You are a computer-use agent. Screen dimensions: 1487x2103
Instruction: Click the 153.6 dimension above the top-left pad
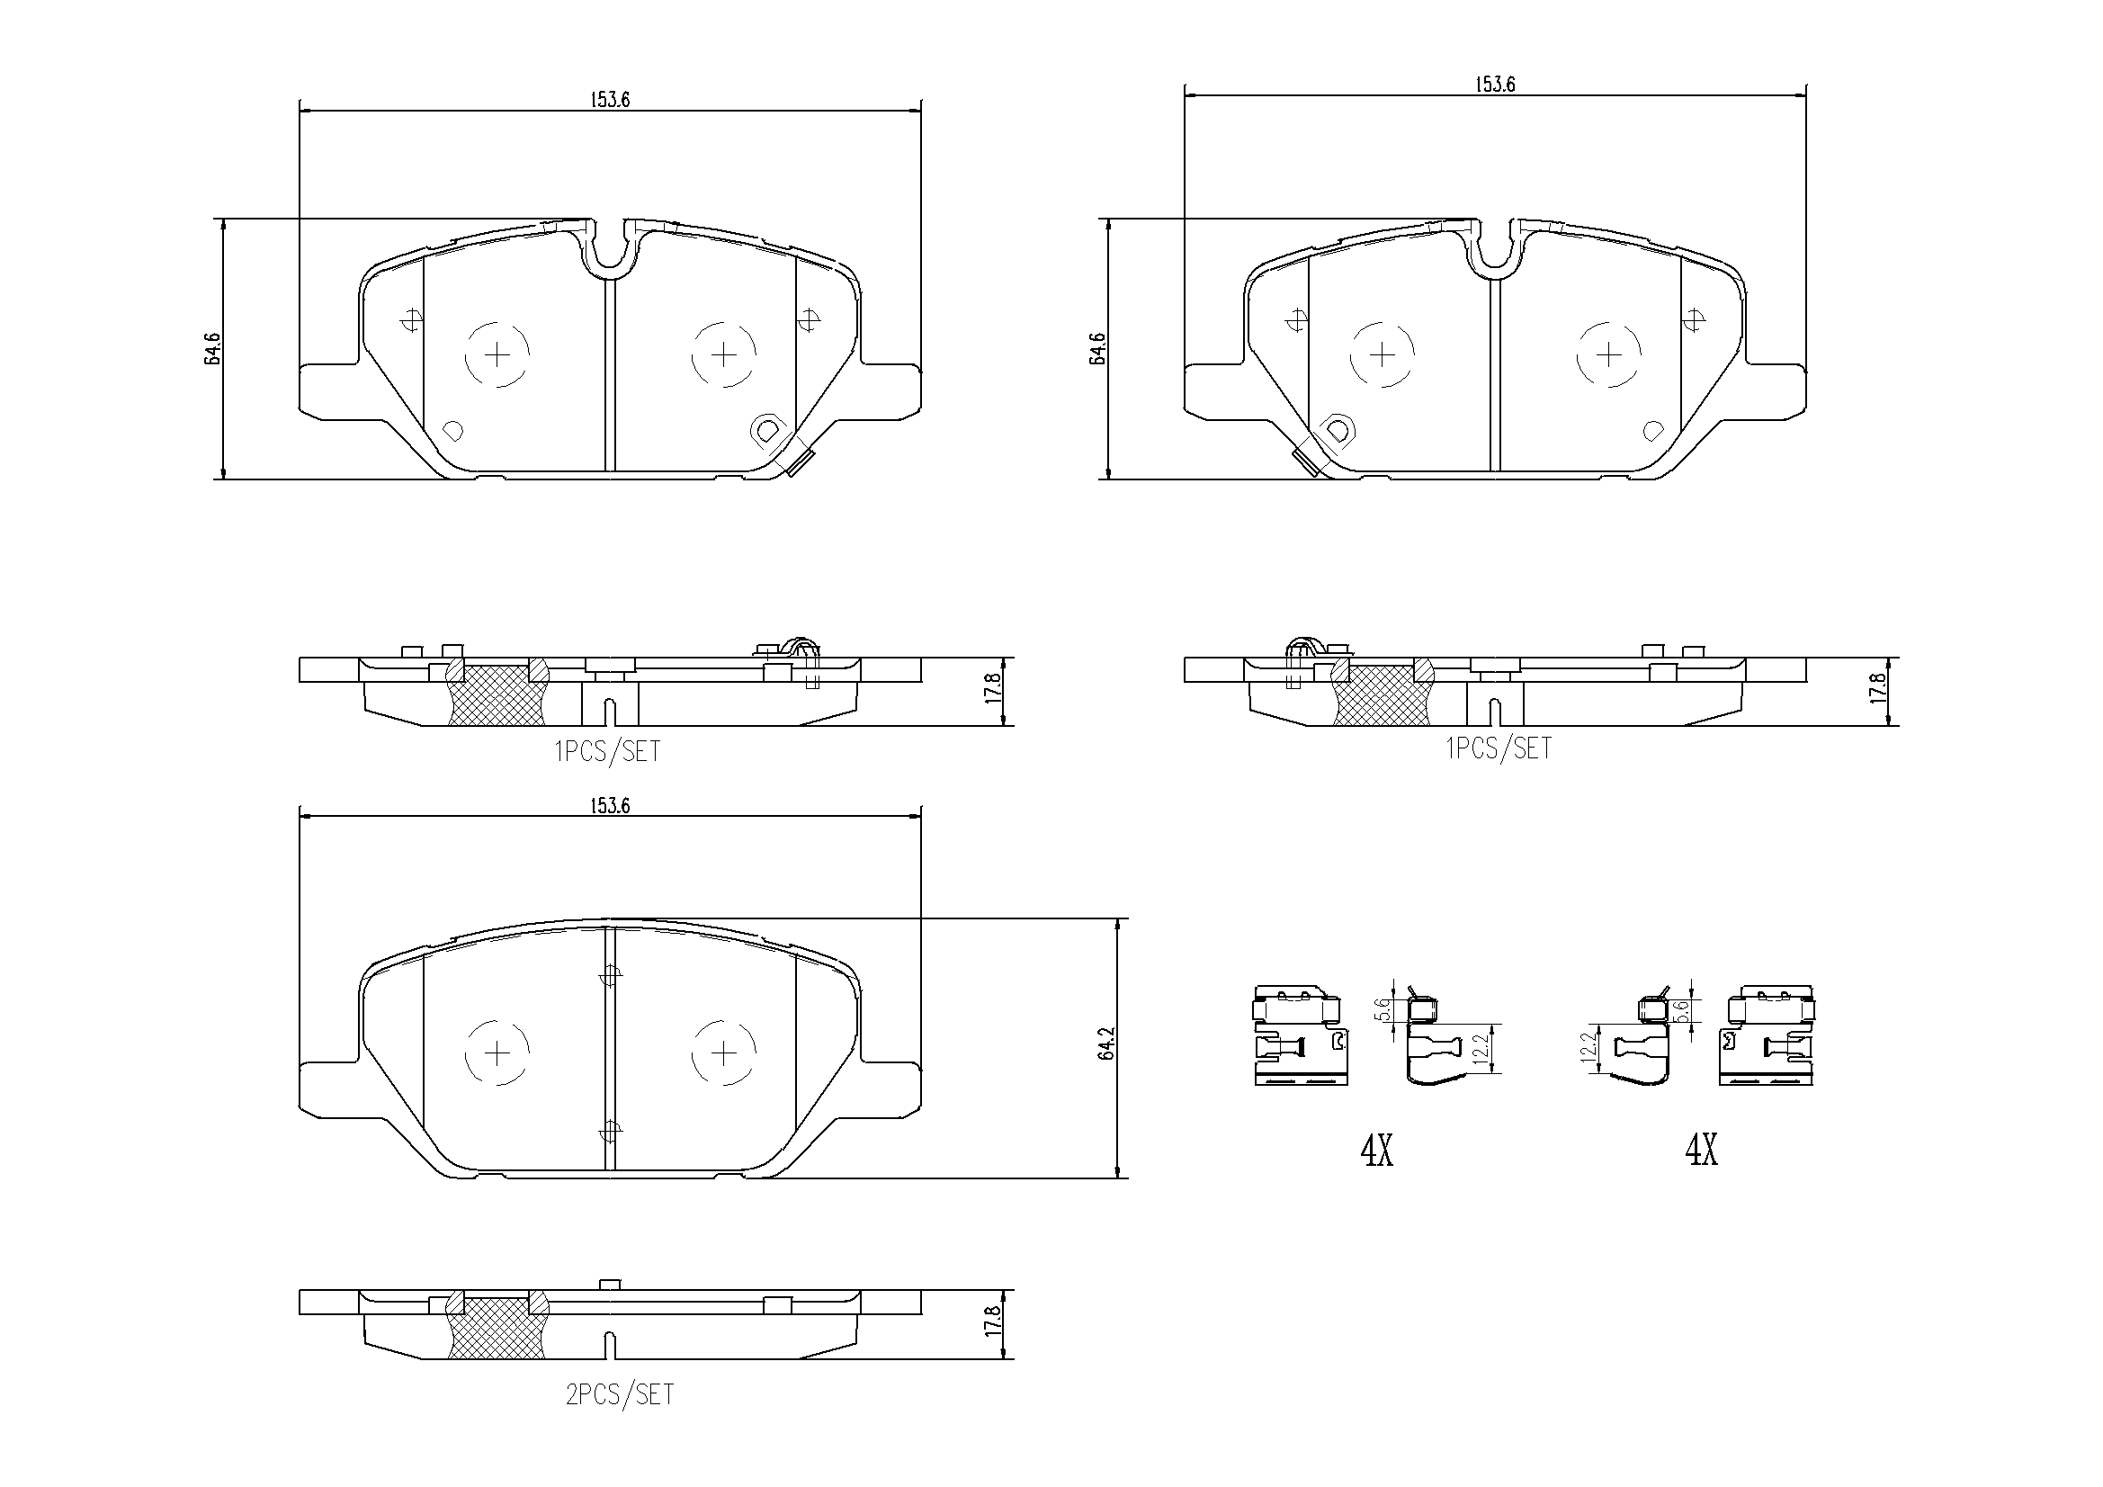(x=609, y=100)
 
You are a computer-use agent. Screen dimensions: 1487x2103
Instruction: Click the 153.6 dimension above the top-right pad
(x=1494, y=85)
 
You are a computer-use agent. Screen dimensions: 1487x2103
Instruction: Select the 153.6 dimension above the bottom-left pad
(x=609, y=805)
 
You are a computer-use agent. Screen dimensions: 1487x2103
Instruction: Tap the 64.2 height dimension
(x=1106, y=1044)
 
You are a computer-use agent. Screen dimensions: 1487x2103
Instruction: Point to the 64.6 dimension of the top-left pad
(x=212, y=348)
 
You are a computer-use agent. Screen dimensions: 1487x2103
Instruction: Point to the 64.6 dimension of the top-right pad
(x=1097, y=348)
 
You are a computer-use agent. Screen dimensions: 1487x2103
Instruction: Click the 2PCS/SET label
(x=619, y=1394)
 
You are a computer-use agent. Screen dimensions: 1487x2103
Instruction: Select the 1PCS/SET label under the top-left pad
(x=607, y=751)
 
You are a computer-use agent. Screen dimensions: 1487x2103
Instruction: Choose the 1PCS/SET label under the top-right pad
(x=1499, y=748)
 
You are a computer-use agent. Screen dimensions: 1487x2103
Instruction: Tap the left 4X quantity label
(x=1375, y=1149)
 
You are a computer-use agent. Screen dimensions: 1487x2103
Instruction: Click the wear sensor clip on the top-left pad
(x=799, y=463)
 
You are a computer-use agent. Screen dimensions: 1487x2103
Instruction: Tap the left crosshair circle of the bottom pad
(x=497, y=1053)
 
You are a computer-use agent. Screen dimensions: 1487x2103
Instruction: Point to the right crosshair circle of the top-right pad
(x=1608, y=354)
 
